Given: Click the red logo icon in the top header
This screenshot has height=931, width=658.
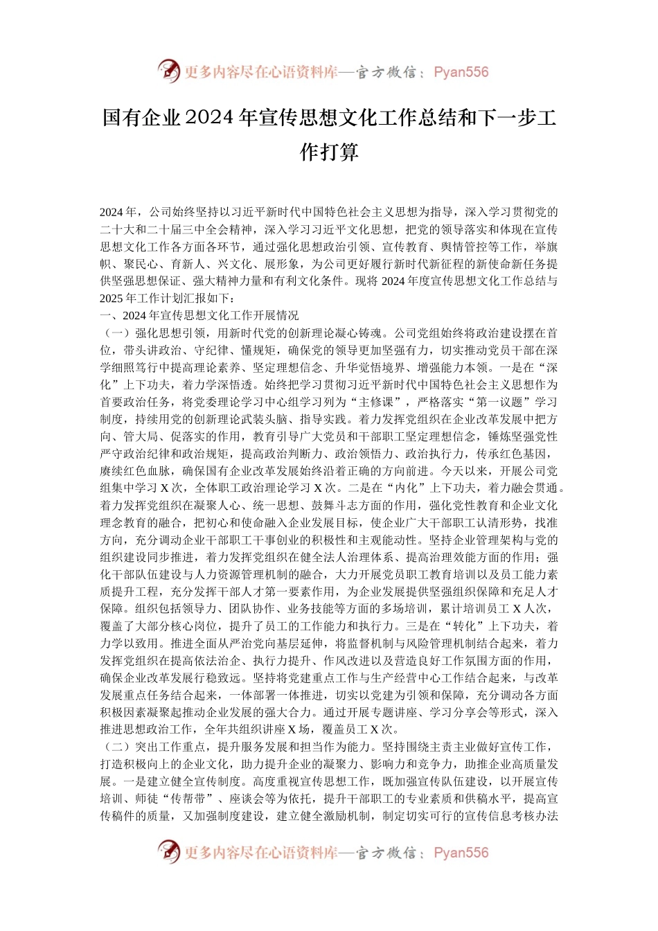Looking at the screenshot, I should pos(168,71).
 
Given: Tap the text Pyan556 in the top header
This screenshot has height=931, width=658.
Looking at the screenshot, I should pos(461,72).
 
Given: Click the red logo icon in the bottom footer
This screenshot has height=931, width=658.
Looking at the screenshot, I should pos(168,851).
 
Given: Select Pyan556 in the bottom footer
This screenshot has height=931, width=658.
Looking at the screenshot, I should pos(461,853).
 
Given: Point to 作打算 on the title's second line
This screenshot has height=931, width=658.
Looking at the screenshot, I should pos(329,152).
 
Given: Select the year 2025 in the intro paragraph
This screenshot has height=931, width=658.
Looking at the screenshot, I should pos(112,299).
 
